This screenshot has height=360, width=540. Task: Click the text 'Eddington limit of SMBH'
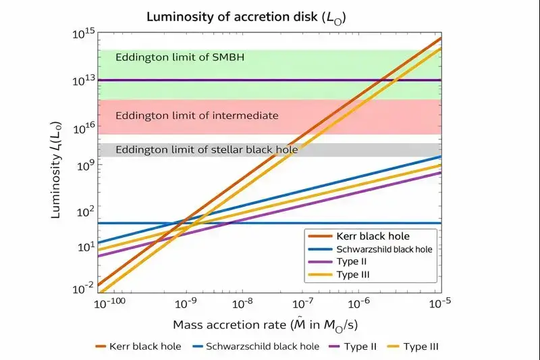pos(180,57)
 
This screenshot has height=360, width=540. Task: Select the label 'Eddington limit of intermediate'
pos(196,115)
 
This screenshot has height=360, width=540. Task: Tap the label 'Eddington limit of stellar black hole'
pos(207,149)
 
